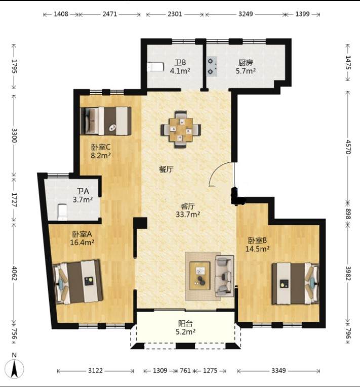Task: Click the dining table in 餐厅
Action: click(x=181, y=130)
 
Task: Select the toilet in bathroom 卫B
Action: click(x=155, y=67)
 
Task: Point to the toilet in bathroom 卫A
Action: click(x=62, y=212)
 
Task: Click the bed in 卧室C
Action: click(x=106, y=121)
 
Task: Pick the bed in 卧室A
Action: click(x=78, y=282)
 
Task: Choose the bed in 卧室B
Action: click(x=295, y=284)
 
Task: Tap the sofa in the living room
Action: click(x=224, y=276)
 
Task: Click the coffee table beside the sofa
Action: click(x=199, y=276)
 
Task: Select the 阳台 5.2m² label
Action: click(x=185, y=327)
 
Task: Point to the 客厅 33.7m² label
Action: click(x=188, y=210)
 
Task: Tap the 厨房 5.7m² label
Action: click(x=246, y=67)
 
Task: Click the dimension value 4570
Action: click(x=348, y=147)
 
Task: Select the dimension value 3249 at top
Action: click(x=246, y=14)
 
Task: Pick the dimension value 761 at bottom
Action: click(x=185, y=370)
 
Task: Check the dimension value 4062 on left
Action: click(x=14, y=273)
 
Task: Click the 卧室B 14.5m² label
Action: click(x=257, y=244)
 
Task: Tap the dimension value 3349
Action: click(x=278, y=370)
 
